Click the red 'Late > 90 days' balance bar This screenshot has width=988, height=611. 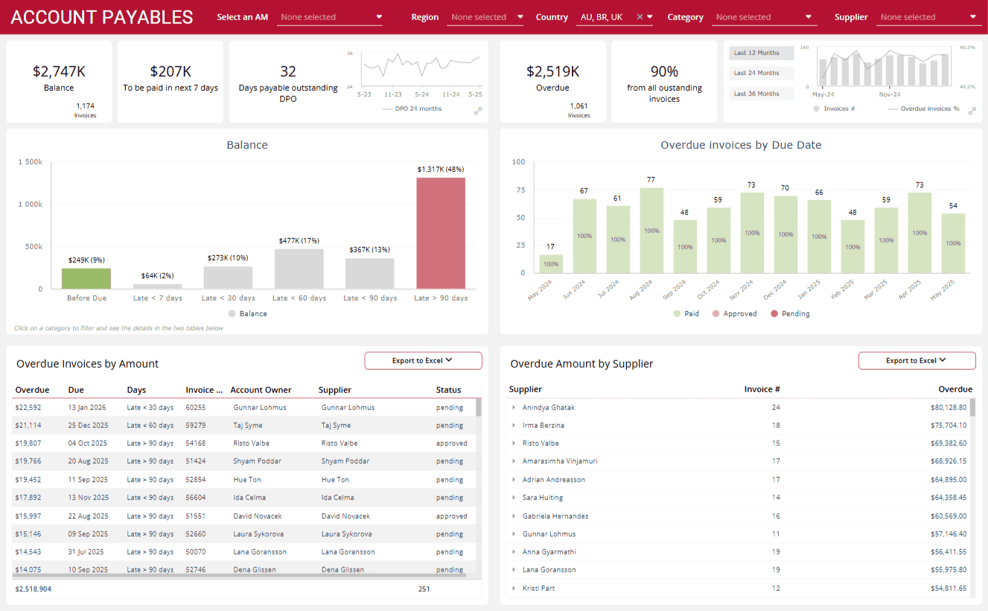click(x=440, y=233)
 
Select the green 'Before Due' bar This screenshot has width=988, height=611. click(x=86, y=278)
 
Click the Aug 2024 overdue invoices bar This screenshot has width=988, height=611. click(x=651, y=230)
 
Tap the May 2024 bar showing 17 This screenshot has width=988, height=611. click(x=551, y=264)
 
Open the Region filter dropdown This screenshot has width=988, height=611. click(x=485, y=17)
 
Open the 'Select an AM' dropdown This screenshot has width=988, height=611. click(x=329, y=17)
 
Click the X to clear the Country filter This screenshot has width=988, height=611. click(x=640, y=17)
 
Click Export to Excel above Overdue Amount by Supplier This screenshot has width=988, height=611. click(x=917, y=361)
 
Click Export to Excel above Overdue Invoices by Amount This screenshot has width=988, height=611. click(x=423, y=361)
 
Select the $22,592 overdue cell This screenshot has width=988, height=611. click(x=28, y=408)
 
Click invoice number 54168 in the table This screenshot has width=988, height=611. click(x=195, y=444)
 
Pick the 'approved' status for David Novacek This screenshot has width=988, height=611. click(x=451, y=516)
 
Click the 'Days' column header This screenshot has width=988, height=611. click(x=136, y=390)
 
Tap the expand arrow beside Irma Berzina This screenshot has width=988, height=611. click(x=514, y=426)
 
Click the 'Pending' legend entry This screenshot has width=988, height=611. click(x=789, y=314)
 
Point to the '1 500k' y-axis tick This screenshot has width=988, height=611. click(x=31, y=161)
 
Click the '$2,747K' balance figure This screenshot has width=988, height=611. click(x=59, y=71)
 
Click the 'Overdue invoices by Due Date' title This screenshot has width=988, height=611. click(x=741, y=145)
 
